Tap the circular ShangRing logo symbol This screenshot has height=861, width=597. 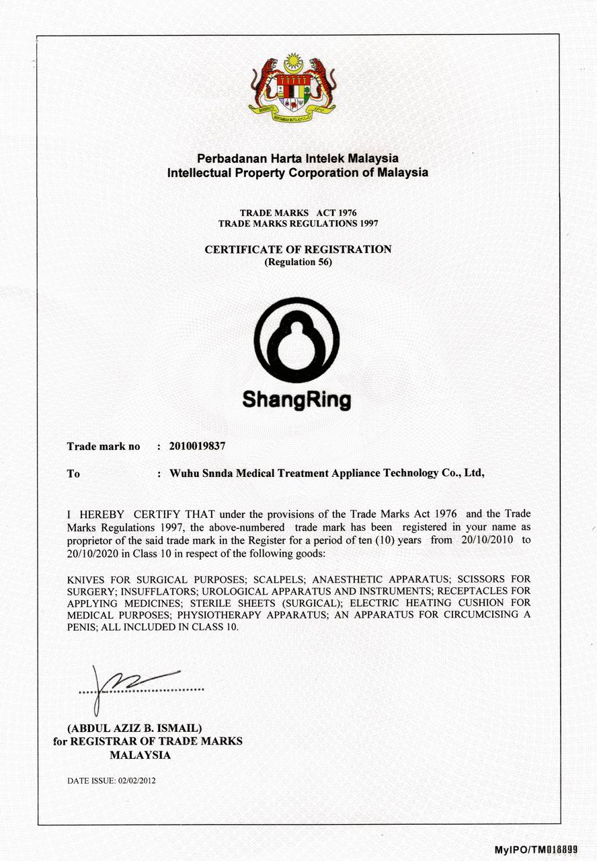click(297, 340)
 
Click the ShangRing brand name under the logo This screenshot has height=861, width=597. click(296, 401)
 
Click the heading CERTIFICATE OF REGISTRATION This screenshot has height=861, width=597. click(298, 250)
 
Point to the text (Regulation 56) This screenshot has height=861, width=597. click(298, 262)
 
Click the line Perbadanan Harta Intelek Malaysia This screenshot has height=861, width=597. click(298, 159)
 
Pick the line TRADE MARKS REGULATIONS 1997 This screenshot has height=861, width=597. click(298, 223)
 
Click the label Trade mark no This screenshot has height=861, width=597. click(104, 446)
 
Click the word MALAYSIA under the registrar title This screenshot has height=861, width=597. click(140, 755)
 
